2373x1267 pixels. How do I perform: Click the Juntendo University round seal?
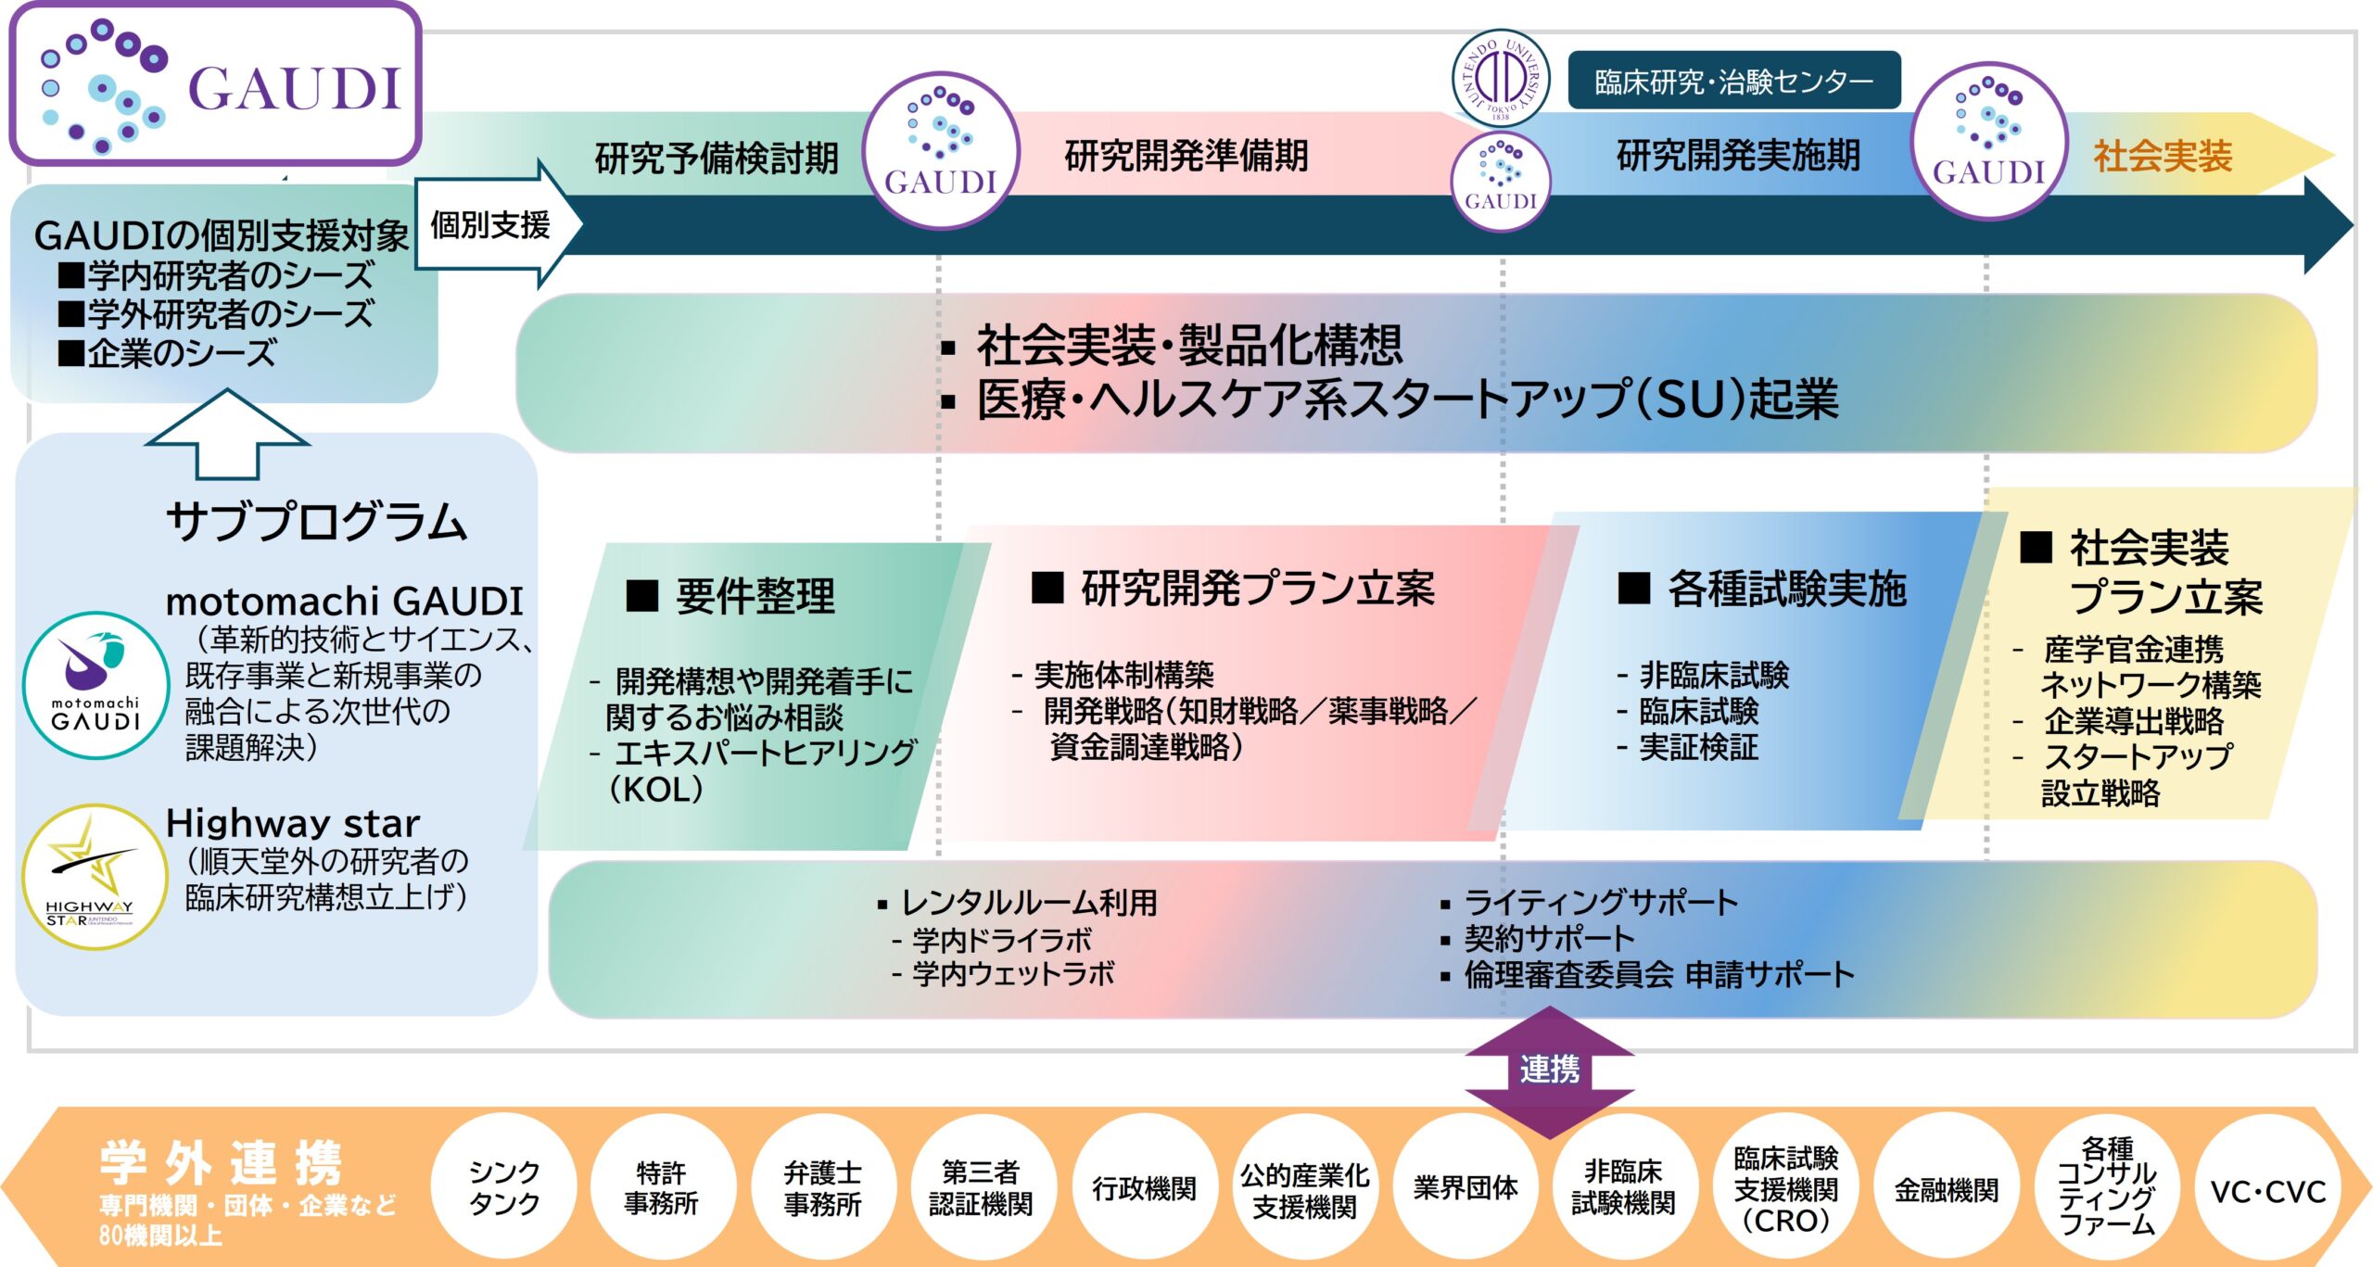point(1500,79)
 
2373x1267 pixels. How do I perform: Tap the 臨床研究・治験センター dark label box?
point(1733,82)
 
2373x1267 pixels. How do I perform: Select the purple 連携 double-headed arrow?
point(1549,1071)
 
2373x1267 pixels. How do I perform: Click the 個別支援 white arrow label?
point(492,224)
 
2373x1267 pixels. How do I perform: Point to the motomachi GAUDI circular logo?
point(95,686)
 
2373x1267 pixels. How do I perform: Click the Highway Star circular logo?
point(94,877)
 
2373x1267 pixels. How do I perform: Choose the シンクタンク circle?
point(504,1187)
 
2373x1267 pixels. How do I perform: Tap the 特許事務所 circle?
point(662,1187)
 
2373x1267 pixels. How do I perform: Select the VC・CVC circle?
point(2268,1190)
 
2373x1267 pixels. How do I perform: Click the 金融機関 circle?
point(1947,1189)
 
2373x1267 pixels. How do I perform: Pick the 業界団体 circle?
point(1466,1187)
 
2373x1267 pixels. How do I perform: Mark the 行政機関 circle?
point(1144,1188)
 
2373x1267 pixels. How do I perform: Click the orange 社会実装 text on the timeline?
point(2163,156)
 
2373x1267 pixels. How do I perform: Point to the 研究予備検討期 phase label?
point(717,158)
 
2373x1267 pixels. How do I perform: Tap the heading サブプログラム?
point(316,521)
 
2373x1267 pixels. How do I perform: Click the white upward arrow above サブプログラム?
point(226,436)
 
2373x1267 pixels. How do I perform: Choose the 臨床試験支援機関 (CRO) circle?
point(1785,1189)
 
